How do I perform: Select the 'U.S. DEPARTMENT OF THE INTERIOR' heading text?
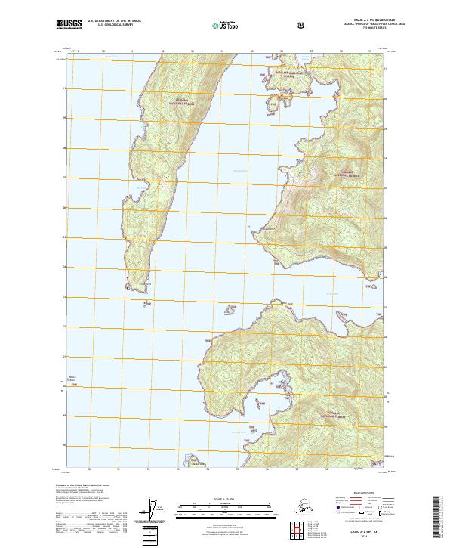pyautogui.click(x=116, y=22)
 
